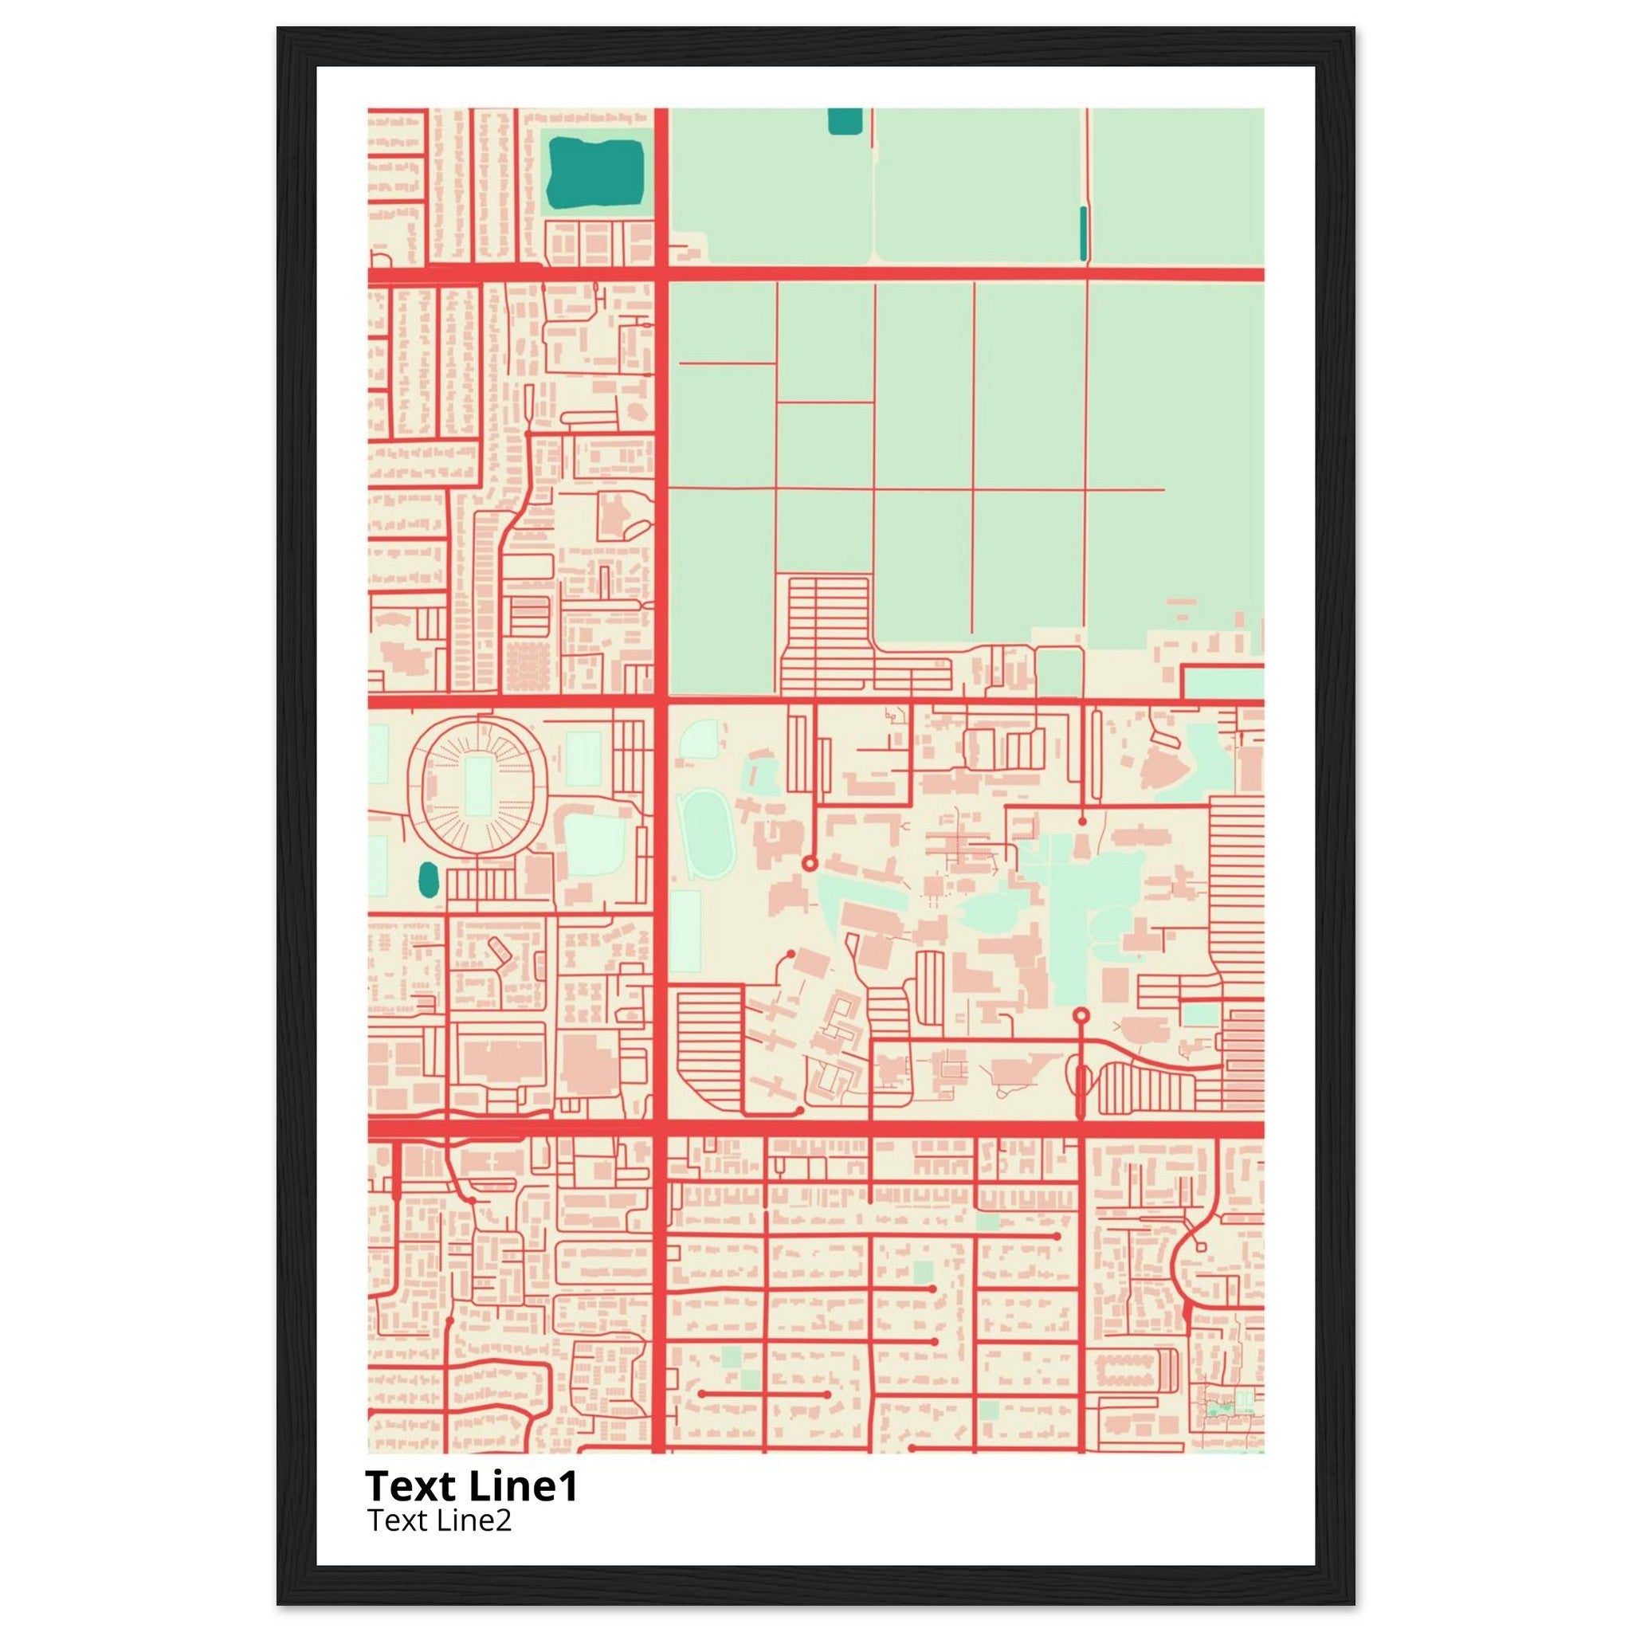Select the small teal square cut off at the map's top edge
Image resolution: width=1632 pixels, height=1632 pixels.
pyautogui.click(x=844, y=121)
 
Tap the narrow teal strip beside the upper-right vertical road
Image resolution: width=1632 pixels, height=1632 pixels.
pyautogui.click(x=1083, y=233)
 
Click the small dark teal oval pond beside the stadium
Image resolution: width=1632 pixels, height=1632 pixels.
pyautogui.click(x=428, y=881)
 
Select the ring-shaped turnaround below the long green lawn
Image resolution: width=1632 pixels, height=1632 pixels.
pyautogui.click(x=1081, y=1014)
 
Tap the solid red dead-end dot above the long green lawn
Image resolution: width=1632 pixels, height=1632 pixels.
pyautogui.click(x=1082, y=820)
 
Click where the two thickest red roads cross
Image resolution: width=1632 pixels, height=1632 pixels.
pyautogui.click(x=661, y=1130)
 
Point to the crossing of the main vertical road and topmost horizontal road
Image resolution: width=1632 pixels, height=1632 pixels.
pyautogui.click(x=661, y=273)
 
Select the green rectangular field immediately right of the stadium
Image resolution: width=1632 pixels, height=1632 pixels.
pyautogui.click(x=583, y=759)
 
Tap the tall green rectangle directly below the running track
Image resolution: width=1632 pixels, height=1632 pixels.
pyautogui.click(x=685, y=931)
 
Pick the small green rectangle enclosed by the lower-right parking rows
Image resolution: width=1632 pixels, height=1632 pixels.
pyautogui.click(x=1199, y=1014)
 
